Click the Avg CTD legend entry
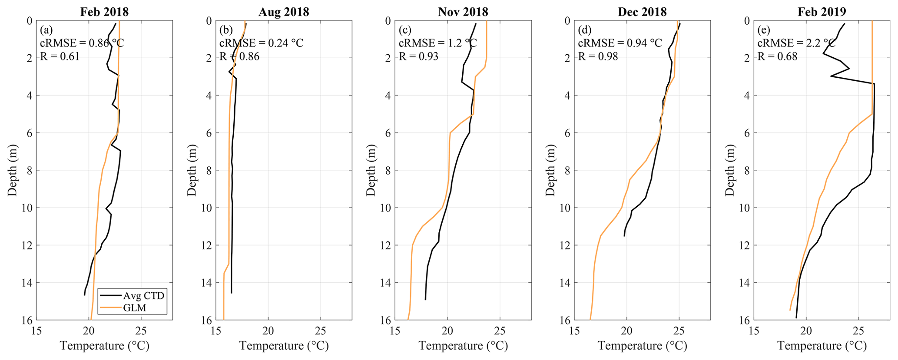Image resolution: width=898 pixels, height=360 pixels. (x=144, y=296)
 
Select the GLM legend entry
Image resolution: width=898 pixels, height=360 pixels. (x=135, y=307)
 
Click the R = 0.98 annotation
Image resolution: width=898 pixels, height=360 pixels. (x=598, y=56)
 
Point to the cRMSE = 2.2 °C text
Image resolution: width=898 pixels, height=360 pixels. (x=797, y=43)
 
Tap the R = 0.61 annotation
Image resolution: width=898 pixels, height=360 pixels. (x=60, y=56)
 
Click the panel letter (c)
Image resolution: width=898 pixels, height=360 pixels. (x=405, y=30)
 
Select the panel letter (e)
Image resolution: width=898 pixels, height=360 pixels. (x=764, y=30)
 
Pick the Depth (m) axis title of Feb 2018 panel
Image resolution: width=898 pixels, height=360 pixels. (x=12, y=170)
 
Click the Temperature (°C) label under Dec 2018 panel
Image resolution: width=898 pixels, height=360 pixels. (x=642, y=346)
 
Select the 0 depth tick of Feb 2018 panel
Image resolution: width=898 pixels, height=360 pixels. (x=30, y=20)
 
